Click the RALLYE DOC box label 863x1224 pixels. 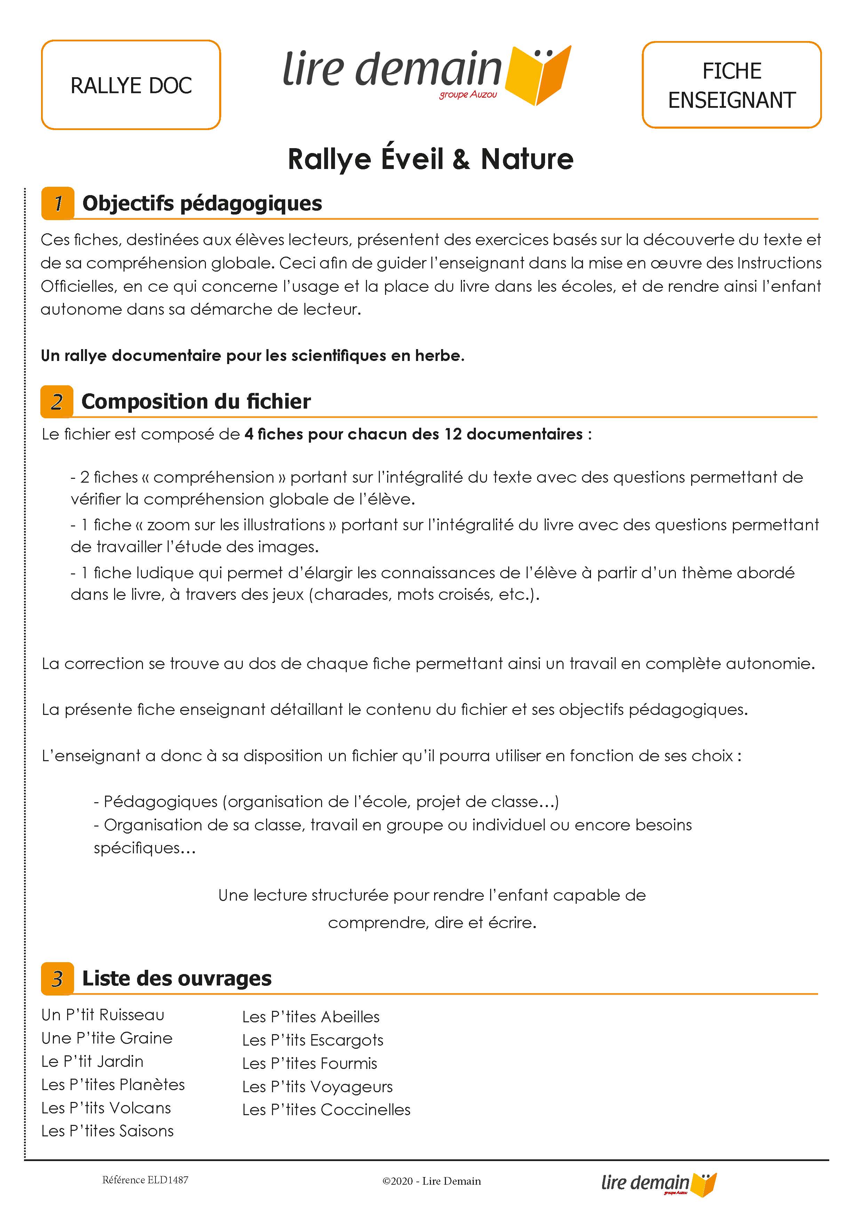click(x=131, y=85)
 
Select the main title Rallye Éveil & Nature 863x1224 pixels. click(x=430, y=159)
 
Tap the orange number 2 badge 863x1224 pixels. click(x=57, y=401)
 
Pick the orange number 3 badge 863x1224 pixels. click(x=57, y=978)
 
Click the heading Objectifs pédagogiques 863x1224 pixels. click(x=202, y=203)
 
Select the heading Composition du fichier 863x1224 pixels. click(x=196, y=401)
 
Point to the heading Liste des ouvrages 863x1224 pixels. click(x=177, y=978)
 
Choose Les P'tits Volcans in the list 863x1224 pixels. click(x=106, y=1108)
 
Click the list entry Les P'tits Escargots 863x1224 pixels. click(x=313, y=1040)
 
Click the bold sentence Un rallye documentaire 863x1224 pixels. click(x=252, y=356)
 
